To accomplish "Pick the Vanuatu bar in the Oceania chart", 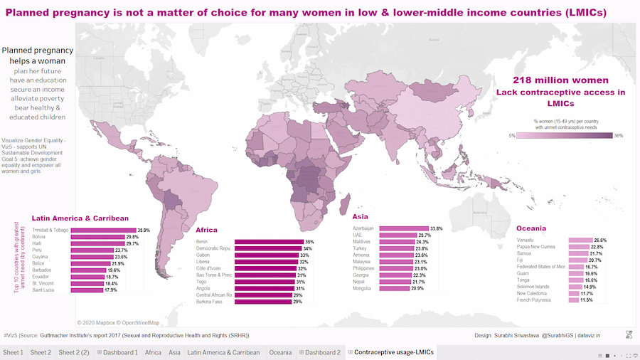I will coord(580,240).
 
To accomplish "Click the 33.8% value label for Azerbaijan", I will coord(436,229).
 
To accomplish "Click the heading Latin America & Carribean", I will coord(80,218).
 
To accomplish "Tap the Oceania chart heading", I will coord(532,228).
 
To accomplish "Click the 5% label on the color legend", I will coord(512,135).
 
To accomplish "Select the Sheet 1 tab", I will coord(13,352).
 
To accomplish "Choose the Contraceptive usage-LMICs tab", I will coord(393,352).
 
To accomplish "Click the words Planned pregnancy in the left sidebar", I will coord(37,51).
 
